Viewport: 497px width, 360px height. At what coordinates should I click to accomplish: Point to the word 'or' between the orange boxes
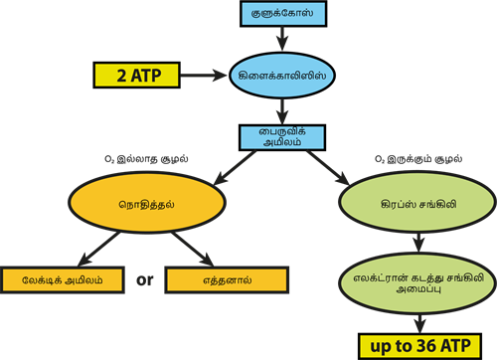tap(144, 280)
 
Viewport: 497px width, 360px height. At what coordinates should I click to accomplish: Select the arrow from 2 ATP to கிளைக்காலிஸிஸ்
tap(204, 75)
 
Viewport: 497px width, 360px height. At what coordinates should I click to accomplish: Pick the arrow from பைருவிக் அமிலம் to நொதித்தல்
tap(218, 167)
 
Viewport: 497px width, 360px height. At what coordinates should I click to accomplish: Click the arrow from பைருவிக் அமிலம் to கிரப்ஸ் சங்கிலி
tap(343, 167)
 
